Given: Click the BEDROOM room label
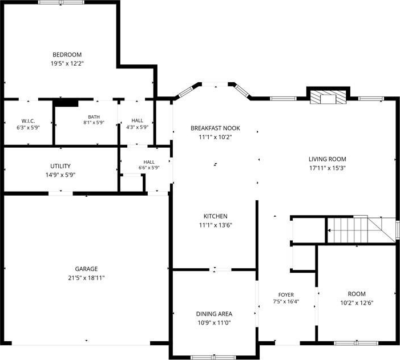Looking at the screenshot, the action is [67, 55].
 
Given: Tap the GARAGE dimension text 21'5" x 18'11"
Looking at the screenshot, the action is [86, 278].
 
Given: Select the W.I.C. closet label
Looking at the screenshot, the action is [28, 121].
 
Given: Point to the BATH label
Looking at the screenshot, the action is [94, 117].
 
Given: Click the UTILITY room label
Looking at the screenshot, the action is [60, 166].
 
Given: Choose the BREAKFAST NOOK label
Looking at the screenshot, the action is [215, 128].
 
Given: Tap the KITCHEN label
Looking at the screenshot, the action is [215, 216].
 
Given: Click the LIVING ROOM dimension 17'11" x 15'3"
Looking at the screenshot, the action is [328, 168].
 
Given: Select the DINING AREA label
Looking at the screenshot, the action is [214, 314].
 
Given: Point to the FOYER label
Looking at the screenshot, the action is [286, 295].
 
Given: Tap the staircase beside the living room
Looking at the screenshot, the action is [361, 230].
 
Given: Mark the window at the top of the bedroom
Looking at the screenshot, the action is [61, 2].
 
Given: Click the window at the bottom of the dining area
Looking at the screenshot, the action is [214, 358].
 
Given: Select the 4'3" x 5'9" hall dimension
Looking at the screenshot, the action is [138, 127].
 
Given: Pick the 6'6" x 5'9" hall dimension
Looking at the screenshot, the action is [149, 168].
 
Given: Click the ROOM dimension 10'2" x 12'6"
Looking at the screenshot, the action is [357, 303].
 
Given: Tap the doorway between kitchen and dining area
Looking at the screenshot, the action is [220, 269].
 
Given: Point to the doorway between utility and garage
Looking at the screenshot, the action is [60, 193].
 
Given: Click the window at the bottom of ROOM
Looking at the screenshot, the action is [356, 343].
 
